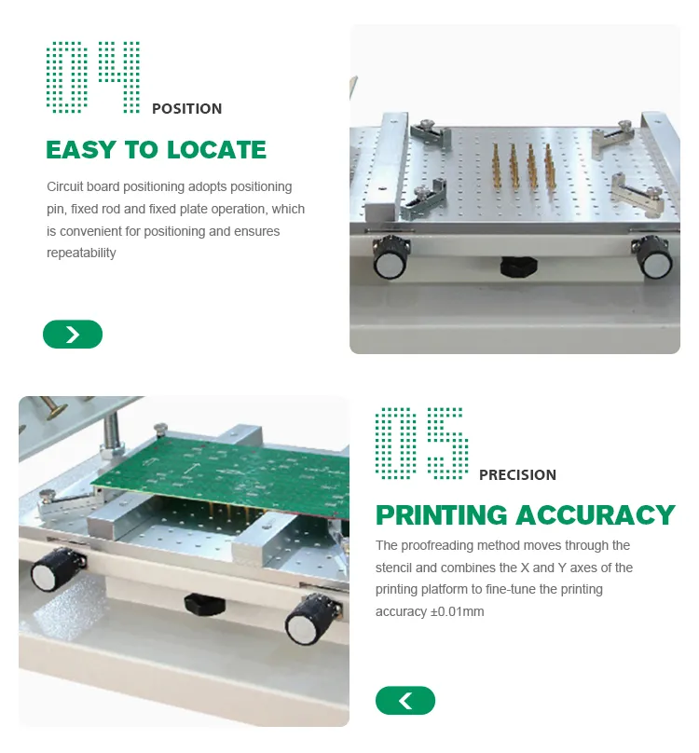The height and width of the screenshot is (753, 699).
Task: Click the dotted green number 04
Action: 93,77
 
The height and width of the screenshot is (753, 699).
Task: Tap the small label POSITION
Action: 186,109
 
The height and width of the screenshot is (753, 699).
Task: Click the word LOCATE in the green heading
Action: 212,150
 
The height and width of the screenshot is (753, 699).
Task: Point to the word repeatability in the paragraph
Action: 81,253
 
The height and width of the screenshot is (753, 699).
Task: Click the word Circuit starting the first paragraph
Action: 64,187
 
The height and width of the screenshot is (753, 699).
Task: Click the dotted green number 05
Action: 421,444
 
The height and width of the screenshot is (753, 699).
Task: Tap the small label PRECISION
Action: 517,475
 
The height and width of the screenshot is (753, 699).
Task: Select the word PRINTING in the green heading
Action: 442,515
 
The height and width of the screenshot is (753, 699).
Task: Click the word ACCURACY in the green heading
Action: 596,515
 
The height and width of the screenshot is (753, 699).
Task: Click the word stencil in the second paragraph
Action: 394,568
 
